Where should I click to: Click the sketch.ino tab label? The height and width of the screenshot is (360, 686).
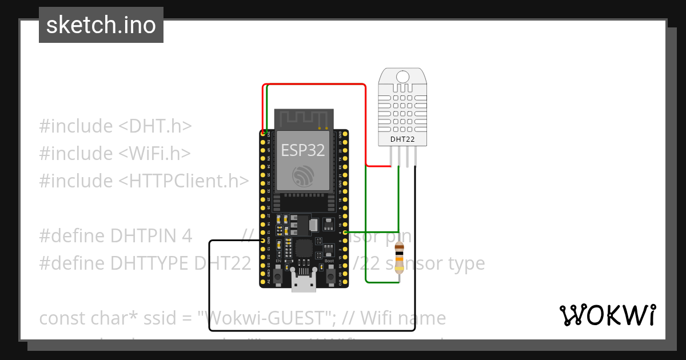click(101, 25)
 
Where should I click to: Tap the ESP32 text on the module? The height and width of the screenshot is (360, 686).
click(303, 150)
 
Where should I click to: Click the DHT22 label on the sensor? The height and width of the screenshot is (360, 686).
click(402, 139)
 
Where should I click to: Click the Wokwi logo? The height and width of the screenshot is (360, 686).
click(607, 315)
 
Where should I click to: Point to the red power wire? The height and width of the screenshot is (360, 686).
click(314, 85)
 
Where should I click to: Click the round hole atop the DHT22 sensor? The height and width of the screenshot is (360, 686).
click(402, 77)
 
